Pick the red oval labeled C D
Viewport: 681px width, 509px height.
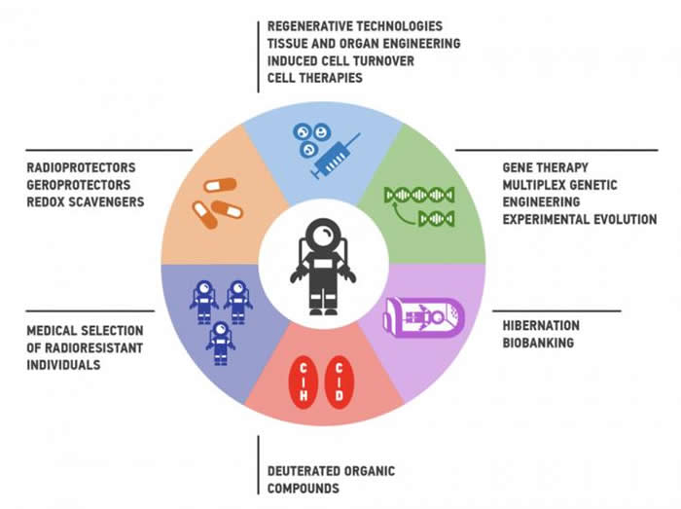[x=339, y=382]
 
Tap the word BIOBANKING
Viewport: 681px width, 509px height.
[x=539, y=344]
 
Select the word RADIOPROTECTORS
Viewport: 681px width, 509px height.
[x=81, y=166]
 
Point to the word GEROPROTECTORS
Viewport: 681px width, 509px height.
[x=80, y=184]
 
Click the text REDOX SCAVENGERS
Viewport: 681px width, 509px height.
[x=86, y=201]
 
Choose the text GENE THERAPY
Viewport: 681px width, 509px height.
[x=545, y=167]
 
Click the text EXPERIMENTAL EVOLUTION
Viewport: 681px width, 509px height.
[x=579, y=219]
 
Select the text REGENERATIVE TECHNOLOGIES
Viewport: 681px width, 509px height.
[x=354, y=25]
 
